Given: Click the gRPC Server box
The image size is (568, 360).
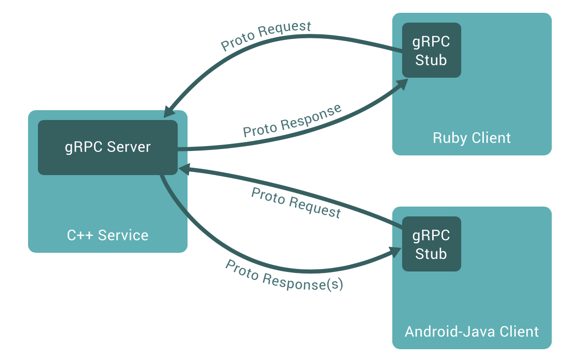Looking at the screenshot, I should tap(107, 147).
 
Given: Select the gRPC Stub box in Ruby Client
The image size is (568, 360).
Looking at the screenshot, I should tap(431, 50).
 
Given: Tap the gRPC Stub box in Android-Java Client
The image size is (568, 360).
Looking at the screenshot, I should tap(431, 244).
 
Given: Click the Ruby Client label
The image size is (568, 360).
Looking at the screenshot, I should tap(472, 138).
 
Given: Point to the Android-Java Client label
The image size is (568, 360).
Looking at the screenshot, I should tap(472, 331).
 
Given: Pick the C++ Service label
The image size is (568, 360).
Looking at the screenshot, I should tap(107, 235).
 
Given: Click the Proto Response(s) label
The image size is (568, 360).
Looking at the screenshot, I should tap(284, 275).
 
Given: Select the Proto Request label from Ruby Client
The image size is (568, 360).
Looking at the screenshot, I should tap(266, 35).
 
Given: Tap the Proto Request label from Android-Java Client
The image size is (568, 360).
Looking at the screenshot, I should tap(296, 202).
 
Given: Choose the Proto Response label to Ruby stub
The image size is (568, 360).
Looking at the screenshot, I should tap(292, 121).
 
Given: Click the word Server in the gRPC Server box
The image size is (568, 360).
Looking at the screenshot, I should tap(128, 147).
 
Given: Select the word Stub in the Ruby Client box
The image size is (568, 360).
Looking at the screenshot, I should tap(431, 60).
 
